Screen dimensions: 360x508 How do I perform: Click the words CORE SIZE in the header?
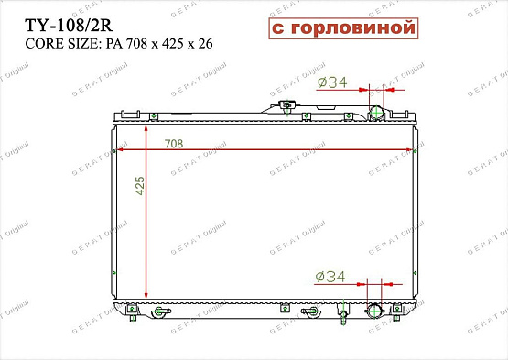[x=58, y=44]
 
